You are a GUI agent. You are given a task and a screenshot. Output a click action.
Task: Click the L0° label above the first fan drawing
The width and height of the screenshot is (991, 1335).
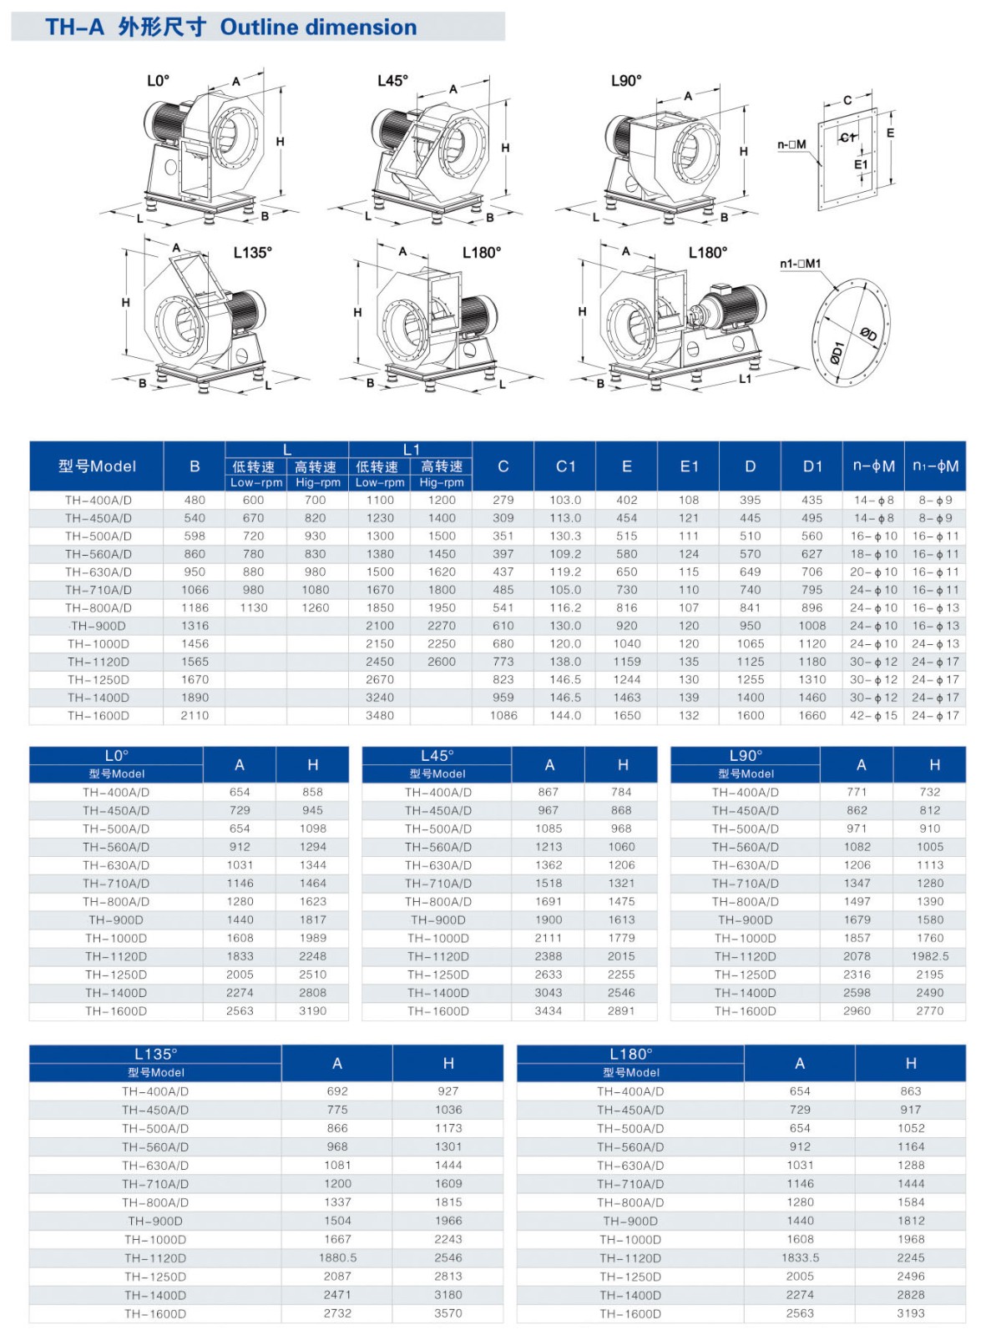tap(158, 80)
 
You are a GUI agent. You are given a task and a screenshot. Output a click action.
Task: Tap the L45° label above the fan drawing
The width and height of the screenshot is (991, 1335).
tap(392, 80)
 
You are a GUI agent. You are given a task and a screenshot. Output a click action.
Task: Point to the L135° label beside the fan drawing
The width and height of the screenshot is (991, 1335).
tap(252, 252)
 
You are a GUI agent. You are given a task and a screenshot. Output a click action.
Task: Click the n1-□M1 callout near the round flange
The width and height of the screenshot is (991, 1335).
tap(800, 264)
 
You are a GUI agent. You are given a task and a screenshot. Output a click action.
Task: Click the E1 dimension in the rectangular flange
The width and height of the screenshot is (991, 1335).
tap(861, 164)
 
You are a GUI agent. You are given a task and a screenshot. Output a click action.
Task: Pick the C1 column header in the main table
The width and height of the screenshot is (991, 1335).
tap(565, 466)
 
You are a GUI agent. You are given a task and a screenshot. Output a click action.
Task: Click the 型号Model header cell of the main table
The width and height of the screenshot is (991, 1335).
tap(97, 466)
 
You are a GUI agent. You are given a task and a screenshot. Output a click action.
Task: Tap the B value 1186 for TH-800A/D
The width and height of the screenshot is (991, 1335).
tap(195, 607)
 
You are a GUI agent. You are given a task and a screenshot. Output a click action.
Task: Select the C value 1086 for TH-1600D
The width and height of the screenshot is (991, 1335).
tap(503, 715)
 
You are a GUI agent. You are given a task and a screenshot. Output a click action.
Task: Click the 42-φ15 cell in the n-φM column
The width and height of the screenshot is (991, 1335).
tap(873, 715)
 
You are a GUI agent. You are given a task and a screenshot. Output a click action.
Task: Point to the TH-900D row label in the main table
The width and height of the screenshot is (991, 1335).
tap(99, 626)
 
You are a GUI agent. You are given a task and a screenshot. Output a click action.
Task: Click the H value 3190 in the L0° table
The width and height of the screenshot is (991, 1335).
tap(313, 1010)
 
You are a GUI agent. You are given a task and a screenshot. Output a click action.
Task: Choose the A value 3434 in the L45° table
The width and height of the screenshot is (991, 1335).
tap(549, 1010)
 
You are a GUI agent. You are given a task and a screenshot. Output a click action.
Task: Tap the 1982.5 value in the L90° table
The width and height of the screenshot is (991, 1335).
tap(930, 956)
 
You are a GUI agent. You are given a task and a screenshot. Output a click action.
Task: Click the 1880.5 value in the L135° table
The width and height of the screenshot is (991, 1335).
tap(337, 1257)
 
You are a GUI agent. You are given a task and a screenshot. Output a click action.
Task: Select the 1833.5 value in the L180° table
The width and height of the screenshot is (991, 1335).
tap(800, 1257)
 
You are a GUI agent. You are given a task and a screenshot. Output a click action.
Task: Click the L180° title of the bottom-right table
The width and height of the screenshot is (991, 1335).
tap(631, 1054)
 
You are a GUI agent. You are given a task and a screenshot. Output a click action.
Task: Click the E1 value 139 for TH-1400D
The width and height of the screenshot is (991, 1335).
tap(689, 698)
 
